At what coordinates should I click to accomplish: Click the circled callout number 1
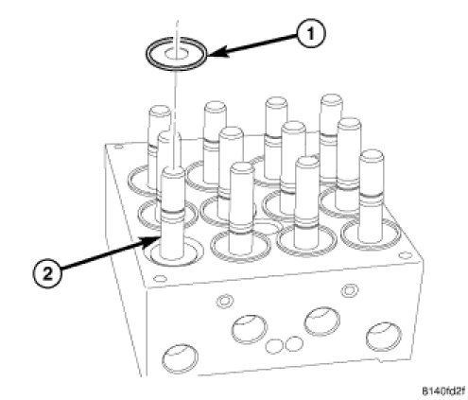311,34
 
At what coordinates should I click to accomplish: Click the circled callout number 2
47,273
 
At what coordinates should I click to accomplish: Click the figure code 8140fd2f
442,391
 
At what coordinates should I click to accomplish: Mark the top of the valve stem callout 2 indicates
173,171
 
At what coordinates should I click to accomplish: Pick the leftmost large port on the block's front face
180,359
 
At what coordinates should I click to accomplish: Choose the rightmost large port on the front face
384,337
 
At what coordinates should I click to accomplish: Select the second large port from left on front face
250,329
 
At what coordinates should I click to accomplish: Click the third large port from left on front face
321,322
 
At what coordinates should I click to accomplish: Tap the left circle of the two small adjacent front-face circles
274,346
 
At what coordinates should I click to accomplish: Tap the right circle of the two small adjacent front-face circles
294,343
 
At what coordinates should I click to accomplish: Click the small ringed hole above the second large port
225,301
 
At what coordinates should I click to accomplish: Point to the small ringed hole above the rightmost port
349,289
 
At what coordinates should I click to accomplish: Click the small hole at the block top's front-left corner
161,279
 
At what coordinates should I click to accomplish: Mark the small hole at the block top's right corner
405,255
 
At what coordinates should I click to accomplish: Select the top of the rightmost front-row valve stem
372,155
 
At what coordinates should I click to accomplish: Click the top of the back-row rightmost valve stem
332,99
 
